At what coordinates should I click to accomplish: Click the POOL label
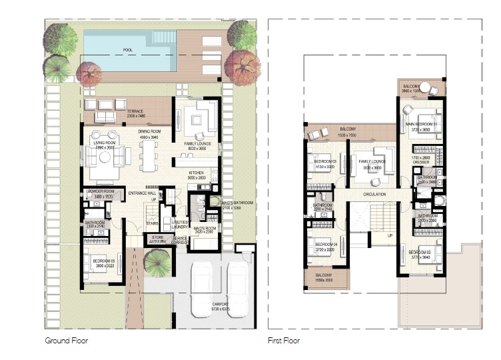[x=127, y=50]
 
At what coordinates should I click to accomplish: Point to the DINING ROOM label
[x=150, y=132]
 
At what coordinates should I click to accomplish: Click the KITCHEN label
[x=195, y=172]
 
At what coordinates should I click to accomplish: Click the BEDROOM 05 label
[x=102, y=261]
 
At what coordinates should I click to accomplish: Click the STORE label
[x=157, y=237]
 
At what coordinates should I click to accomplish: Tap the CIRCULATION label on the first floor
[x=374, y=194]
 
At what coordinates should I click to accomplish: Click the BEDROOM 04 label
[x=326, y=245]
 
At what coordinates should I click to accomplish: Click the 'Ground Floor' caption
[x=66, y=341]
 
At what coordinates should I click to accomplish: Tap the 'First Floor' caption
[x=284, y=341]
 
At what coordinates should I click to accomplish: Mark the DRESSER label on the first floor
[x=422, y=161]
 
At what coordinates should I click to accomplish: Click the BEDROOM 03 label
[x=326, y=162]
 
